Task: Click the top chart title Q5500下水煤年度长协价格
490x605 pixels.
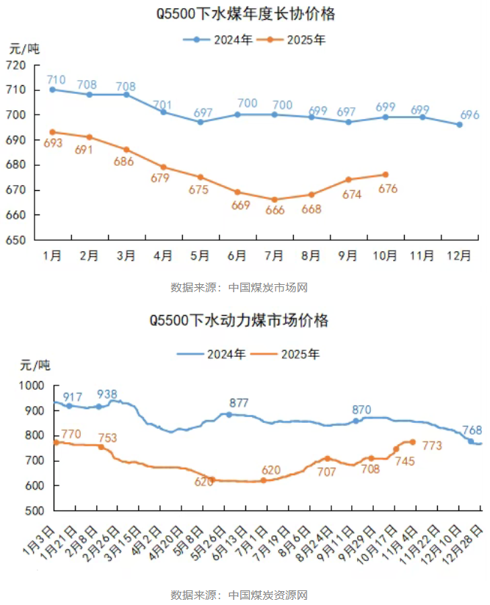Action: pyautogui.click(x=245, y=15)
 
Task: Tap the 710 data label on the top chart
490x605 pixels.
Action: pyautogui.click(x=56, y=79)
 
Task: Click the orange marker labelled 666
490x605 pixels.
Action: pyautogui.click(x=274, y=199)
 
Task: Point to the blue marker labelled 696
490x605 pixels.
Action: pyautogui.click(x=459, y=125)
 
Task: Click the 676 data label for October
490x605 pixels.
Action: pyautogui.click(x=387, y=189)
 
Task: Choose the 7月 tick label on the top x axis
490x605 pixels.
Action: pyautogui.click(x=274, y=256)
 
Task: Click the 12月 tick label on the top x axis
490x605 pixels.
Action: pyautogui.click(x=459, y=256)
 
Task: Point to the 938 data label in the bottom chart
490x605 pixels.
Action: pyautogui.click(x=107, y=394)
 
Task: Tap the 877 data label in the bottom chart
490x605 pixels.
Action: pyautogui.click(x=239, y=403)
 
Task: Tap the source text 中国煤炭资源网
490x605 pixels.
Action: pyautogui.click(x=267, y=594)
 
